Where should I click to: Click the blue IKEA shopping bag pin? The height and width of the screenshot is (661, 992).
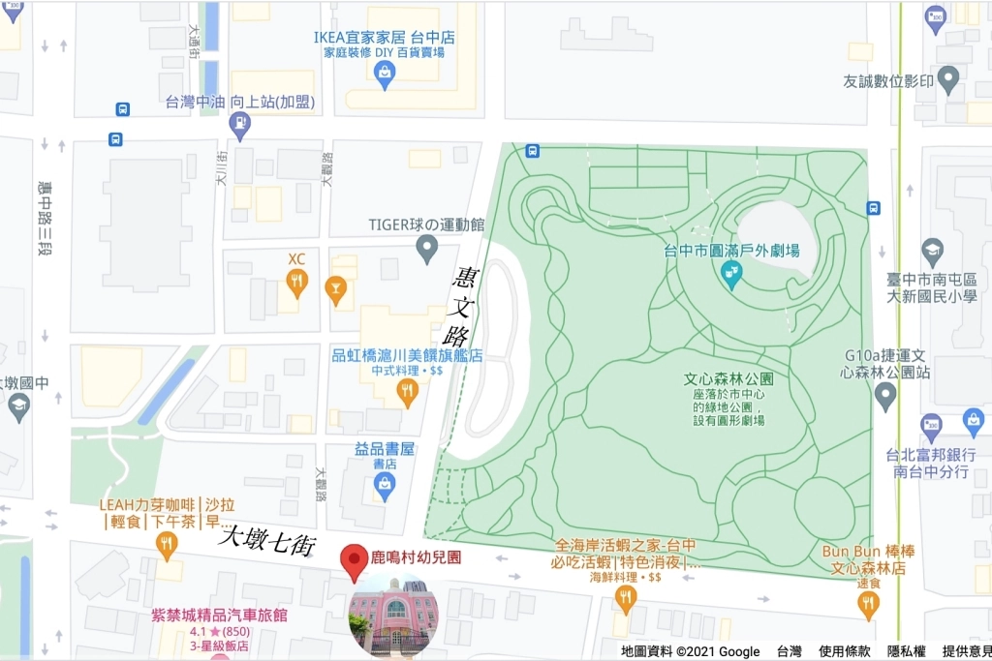pyautogui.click(x=385, y=74)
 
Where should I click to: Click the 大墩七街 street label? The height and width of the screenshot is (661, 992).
pyautogui.click(x=267, y=540)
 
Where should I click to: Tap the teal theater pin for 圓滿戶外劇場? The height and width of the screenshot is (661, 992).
pyautogui.click(x=731, y=276)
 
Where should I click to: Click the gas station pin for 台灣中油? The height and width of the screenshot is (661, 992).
pyautogui.click(x=239, y=124)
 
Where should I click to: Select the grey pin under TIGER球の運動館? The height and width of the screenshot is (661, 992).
pyautogui.click(x=426, y=249)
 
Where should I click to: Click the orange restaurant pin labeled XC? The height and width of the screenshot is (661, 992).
pyautogui.click(x=296, y=282)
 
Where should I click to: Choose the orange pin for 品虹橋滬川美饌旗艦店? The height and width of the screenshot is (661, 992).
pyautogui.click(x=408, y=391)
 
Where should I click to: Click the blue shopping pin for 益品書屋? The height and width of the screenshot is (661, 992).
pyautogui.click(x=385, y=486)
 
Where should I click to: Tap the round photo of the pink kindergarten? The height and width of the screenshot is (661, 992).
pyautogui.click(x=392, y=615)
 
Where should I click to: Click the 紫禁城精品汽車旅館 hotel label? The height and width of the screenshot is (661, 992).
pyautogui.click(x=220, y=616)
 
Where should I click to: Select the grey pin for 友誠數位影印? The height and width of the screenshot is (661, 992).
pyautogui.click(x=948, y=80)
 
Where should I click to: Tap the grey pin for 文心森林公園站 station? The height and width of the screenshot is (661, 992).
pyautogui.click(x=884, y=395)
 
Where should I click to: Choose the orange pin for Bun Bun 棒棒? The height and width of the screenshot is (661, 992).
pyautogui.click(x=869, y=604)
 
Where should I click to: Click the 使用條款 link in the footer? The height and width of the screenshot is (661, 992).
pyautogui.click(x=845, y=651)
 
